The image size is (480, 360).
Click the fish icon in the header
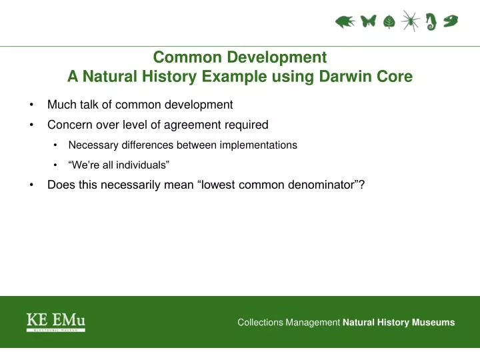(345, 22)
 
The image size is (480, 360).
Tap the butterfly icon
(368, 22)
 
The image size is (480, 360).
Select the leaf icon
(389, 23)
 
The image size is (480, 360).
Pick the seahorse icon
(431, 22)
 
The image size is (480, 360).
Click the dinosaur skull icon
(451, 21)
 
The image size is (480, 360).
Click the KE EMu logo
(56, 322)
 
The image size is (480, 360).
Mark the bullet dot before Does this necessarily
(32, 185)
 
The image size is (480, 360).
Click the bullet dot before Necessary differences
(54, 145)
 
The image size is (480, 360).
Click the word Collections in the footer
(260, 323)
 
